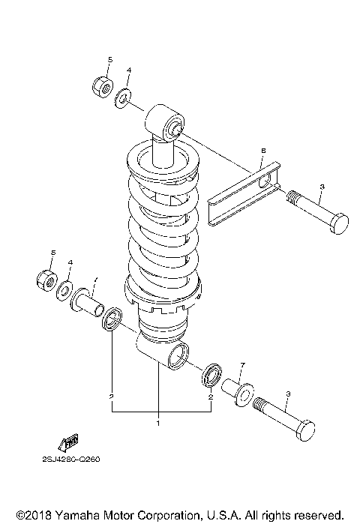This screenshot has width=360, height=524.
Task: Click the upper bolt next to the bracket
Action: click(319, 218)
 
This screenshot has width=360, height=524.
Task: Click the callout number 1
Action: click(158, 424)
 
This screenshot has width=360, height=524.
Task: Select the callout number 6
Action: click(263, 152)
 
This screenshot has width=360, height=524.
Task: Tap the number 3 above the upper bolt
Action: click(300, 187)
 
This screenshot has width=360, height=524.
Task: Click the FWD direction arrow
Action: click(68, 442)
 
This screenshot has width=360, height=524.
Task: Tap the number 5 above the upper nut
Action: click(109, 58)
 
